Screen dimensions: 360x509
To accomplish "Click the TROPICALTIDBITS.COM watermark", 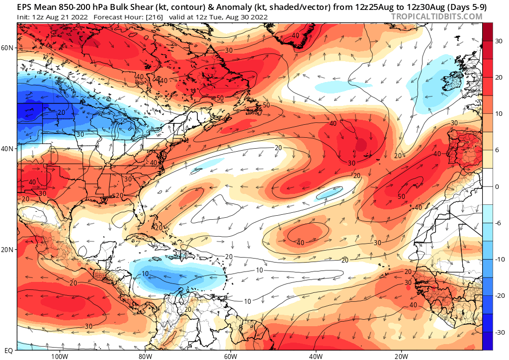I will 436,16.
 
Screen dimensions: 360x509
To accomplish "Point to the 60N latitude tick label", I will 7,48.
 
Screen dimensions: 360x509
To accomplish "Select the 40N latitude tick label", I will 7,149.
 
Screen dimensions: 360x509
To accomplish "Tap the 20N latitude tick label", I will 7,250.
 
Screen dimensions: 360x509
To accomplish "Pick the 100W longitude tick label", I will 59,356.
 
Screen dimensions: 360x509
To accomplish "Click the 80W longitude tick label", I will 145,356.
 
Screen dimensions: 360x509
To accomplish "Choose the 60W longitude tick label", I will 230,356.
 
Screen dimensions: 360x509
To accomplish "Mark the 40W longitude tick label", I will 316,356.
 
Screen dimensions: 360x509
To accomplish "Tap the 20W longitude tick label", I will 401,356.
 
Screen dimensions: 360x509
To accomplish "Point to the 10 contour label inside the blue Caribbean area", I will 145,274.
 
